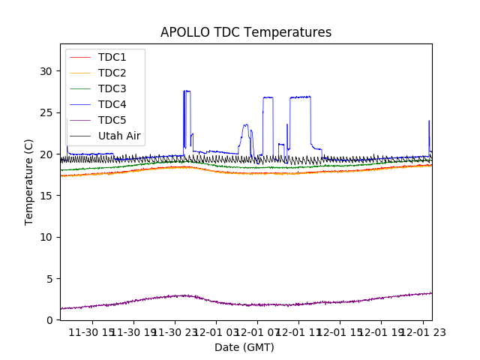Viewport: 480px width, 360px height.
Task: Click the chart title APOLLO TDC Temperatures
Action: [245, 33]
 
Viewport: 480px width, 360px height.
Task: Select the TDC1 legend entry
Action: [112, 57]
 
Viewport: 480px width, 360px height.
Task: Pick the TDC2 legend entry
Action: [112, 73]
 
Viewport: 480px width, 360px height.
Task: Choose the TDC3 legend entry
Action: [112, 88]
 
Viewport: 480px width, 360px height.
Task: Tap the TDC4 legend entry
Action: [112, 104]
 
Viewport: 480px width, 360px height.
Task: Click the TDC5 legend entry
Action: [112, 120]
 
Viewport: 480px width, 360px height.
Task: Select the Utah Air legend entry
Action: [119, 136]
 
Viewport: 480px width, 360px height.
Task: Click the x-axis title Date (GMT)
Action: [244, 347]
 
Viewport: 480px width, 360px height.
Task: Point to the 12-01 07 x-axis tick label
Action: [257, 332]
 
